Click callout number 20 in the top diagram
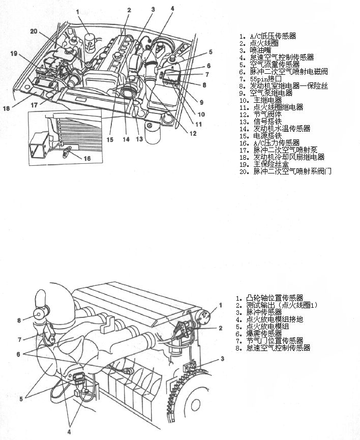pos(34,31)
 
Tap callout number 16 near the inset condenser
pos(87,159)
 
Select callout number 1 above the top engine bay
pos(78,11)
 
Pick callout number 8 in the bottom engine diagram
pos(19,320)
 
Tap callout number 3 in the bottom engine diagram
pos(222,359)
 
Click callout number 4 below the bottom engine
pos(70,432)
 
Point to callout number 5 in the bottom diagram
pos(21,400)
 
